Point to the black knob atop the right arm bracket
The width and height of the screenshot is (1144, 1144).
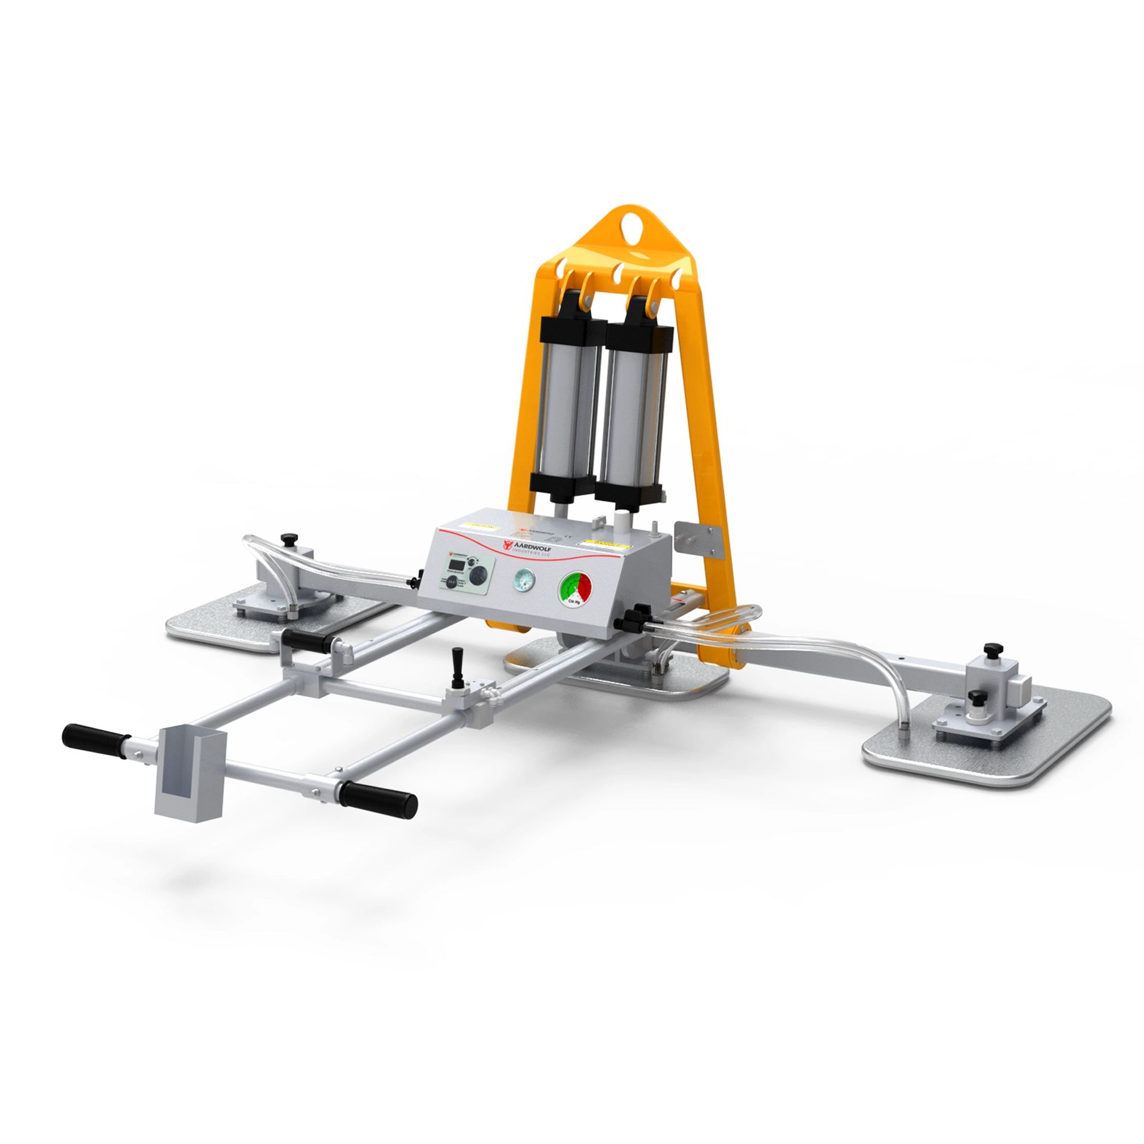991,648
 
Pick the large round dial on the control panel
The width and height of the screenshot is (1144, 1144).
478,575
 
